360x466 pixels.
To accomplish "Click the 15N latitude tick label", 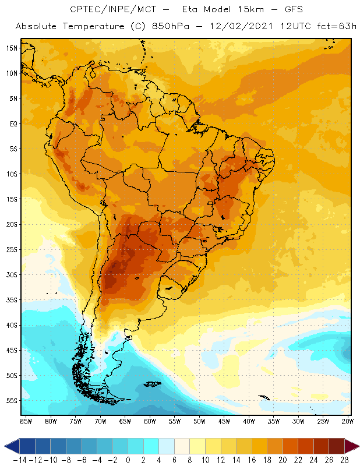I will (x=12, y=48).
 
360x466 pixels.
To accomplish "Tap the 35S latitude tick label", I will (x=12, y=300).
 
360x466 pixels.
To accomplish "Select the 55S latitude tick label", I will (x=12, y=401).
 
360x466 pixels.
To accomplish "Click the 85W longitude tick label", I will (x=26, y=421).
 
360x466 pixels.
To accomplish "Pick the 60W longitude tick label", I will (x=150, y=421).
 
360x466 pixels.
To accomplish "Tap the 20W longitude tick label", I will (x=348, y=421).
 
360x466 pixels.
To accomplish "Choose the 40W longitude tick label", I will (x=249, y=421).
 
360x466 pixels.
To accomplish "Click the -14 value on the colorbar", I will (x=19, y=460).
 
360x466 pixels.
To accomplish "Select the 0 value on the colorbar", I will (x=128, y=460).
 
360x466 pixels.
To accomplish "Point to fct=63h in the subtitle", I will (x=334, y=26).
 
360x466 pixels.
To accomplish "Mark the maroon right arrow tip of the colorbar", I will (x=352, y=446).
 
